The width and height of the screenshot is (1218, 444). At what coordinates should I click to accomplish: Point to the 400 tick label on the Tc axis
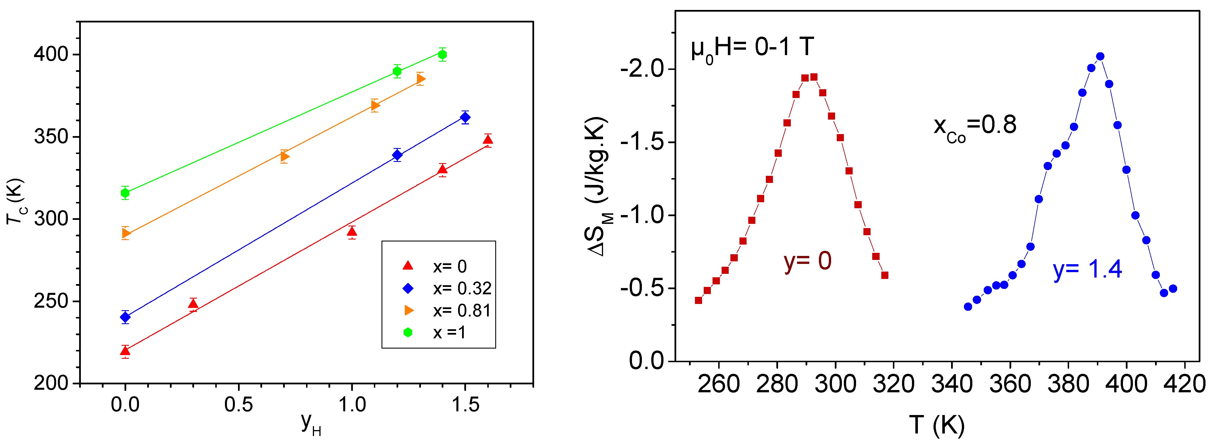pos(51,55)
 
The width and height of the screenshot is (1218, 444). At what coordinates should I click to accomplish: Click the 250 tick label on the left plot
pos(51,301)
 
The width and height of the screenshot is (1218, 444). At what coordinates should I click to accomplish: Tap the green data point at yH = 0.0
pos(125,193)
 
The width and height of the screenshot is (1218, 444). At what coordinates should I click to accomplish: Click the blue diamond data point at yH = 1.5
pos(465,117)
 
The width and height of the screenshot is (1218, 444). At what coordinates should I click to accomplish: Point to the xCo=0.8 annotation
pos(975,127)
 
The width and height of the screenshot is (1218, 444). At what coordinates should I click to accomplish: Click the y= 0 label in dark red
pos(807,261)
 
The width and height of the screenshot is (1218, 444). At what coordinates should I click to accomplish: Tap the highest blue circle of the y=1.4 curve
pos(1100,56)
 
